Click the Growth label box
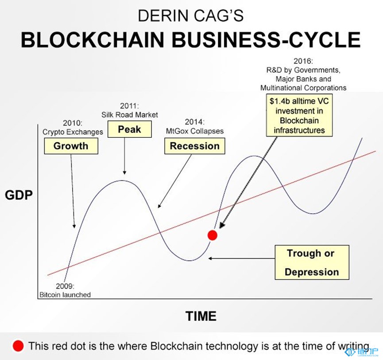(71, 146)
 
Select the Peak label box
(129, 129)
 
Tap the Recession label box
(195, 146)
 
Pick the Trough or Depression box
(312, 262)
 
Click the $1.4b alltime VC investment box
(299, 115)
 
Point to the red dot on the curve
(212, 235)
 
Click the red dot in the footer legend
(18, 346)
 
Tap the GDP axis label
(19, 196)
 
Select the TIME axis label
(201, 316)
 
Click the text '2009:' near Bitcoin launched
(65, 286)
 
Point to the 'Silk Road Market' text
(130, 115)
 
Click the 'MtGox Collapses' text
(195, 131)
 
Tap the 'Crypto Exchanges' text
(73, 132)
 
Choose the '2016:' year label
(303, 61)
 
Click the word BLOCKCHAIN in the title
(93, 39)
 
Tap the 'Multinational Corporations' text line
(303, 88)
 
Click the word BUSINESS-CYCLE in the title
(267, 39)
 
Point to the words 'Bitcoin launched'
(65, 295)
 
